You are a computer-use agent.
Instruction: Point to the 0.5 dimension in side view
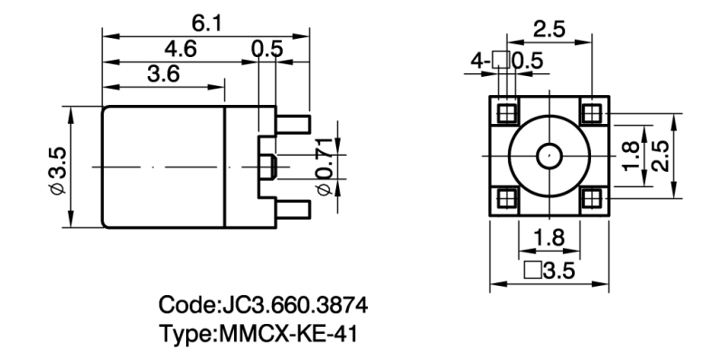point(267,50)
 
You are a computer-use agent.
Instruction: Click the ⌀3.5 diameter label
point(57,167)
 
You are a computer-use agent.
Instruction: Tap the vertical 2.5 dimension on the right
point(661,156)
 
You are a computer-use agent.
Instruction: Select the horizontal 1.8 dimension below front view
point(549,238)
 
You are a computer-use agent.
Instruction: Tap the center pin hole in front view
point(549,156)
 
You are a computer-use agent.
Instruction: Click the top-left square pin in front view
point(506,113)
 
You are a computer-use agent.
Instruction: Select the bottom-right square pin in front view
point(591,197)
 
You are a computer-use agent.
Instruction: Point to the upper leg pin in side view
point(295,122)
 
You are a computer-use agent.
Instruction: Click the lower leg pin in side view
point(295,210)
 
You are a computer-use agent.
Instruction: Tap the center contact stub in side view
point(268,167)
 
